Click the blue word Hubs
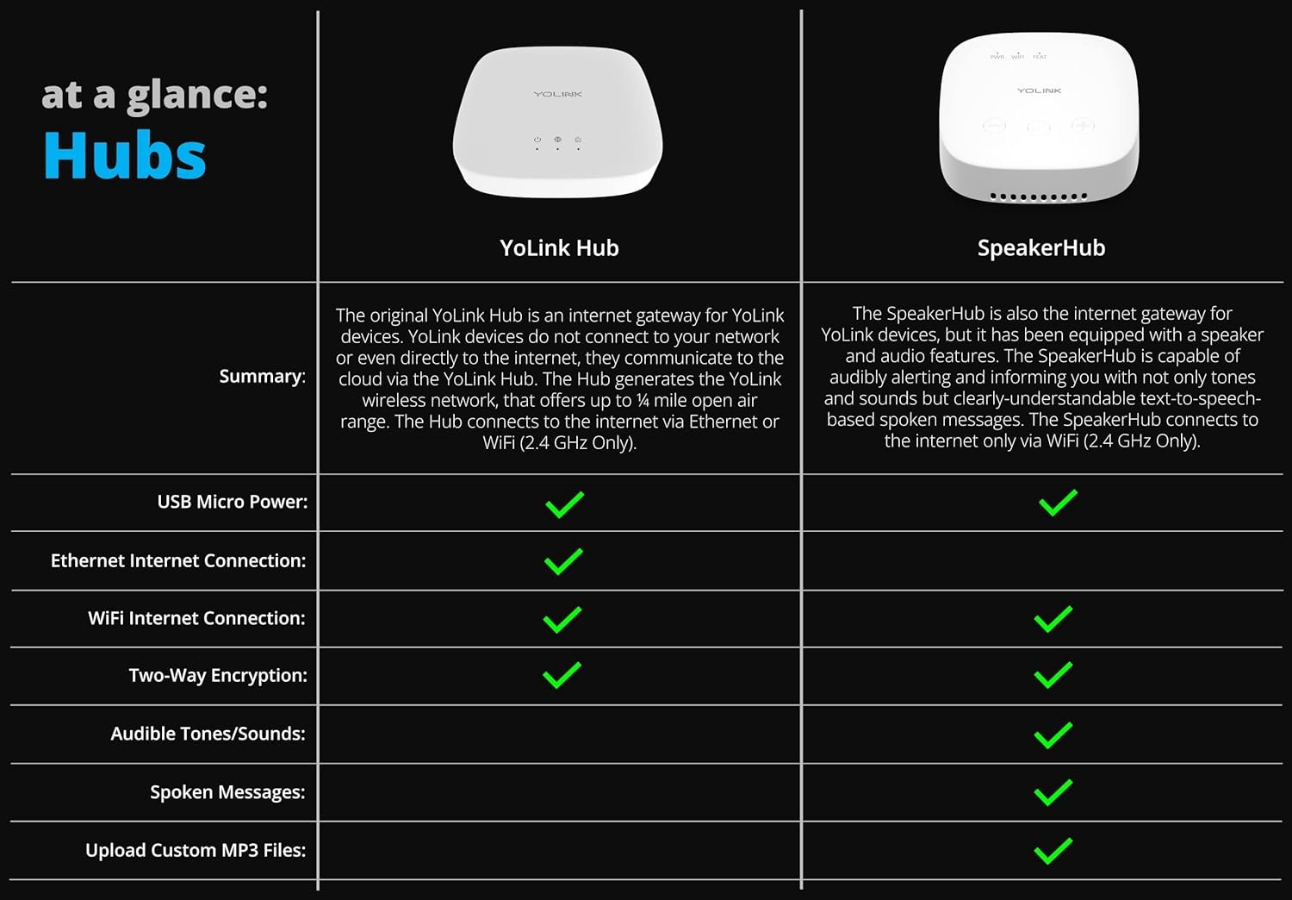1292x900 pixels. [125, 154]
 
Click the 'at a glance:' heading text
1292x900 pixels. [154, 95]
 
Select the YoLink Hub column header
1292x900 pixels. [559, 247]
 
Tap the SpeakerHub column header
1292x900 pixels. [1041, 248]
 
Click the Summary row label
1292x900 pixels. [263, 377]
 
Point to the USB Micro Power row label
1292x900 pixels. [233, 502]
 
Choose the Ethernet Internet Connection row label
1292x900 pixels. [178, 560]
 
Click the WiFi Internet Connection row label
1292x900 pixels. [196, 618]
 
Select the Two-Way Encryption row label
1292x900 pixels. [218, 676]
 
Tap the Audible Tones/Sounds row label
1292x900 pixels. [208, 734]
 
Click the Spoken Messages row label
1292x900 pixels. [228, 792]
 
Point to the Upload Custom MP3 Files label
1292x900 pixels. [196, 850]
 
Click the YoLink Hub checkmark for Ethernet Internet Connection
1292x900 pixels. [563, 561]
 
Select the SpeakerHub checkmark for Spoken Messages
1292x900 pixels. [1053, 792]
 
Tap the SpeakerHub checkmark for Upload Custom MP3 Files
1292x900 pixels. [1053, 851]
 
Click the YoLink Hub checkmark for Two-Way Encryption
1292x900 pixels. [562, 675]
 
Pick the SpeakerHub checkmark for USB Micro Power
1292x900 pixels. [1058, 503]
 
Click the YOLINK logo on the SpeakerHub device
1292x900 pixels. [1039, 91]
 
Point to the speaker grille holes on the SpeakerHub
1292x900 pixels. [1038, 197]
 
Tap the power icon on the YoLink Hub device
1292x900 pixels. [537, 140]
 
